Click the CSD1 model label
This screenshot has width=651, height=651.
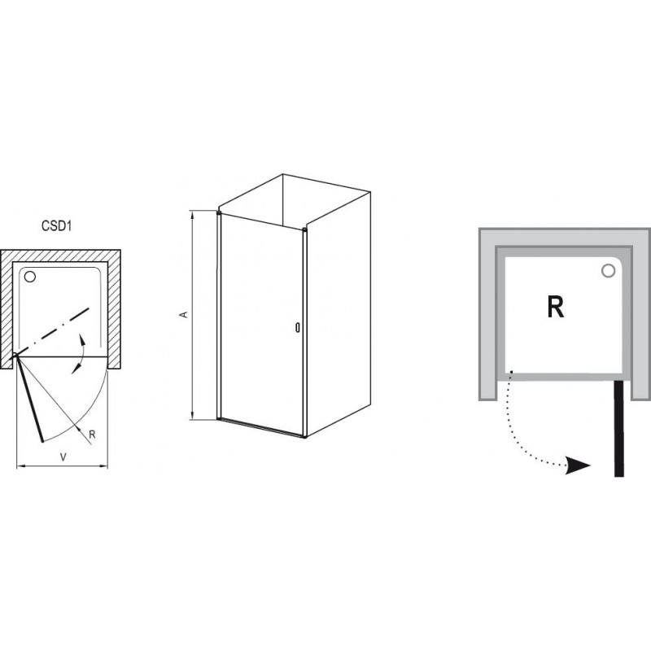point(57,226)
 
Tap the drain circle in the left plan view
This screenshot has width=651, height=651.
point(30,277)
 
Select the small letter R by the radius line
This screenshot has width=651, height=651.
point(92,435)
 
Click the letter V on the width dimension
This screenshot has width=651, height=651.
point(63,457)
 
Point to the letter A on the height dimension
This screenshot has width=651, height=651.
point(183,315)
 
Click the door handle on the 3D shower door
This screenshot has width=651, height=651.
point(297,328)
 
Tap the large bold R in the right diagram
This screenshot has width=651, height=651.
point(556,308)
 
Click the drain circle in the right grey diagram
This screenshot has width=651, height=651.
point(608,271)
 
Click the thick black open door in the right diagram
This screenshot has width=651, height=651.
point(618,429)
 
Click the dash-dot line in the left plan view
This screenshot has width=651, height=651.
point(51,332)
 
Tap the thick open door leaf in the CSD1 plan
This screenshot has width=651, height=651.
point(29,398)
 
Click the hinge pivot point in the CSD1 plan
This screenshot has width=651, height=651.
point(15,355)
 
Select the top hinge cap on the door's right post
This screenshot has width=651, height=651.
point(304,229)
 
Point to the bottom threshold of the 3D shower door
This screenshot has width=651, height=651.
point(261,428)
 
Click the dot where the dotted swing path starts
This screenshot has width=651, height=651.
point(511,372)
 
